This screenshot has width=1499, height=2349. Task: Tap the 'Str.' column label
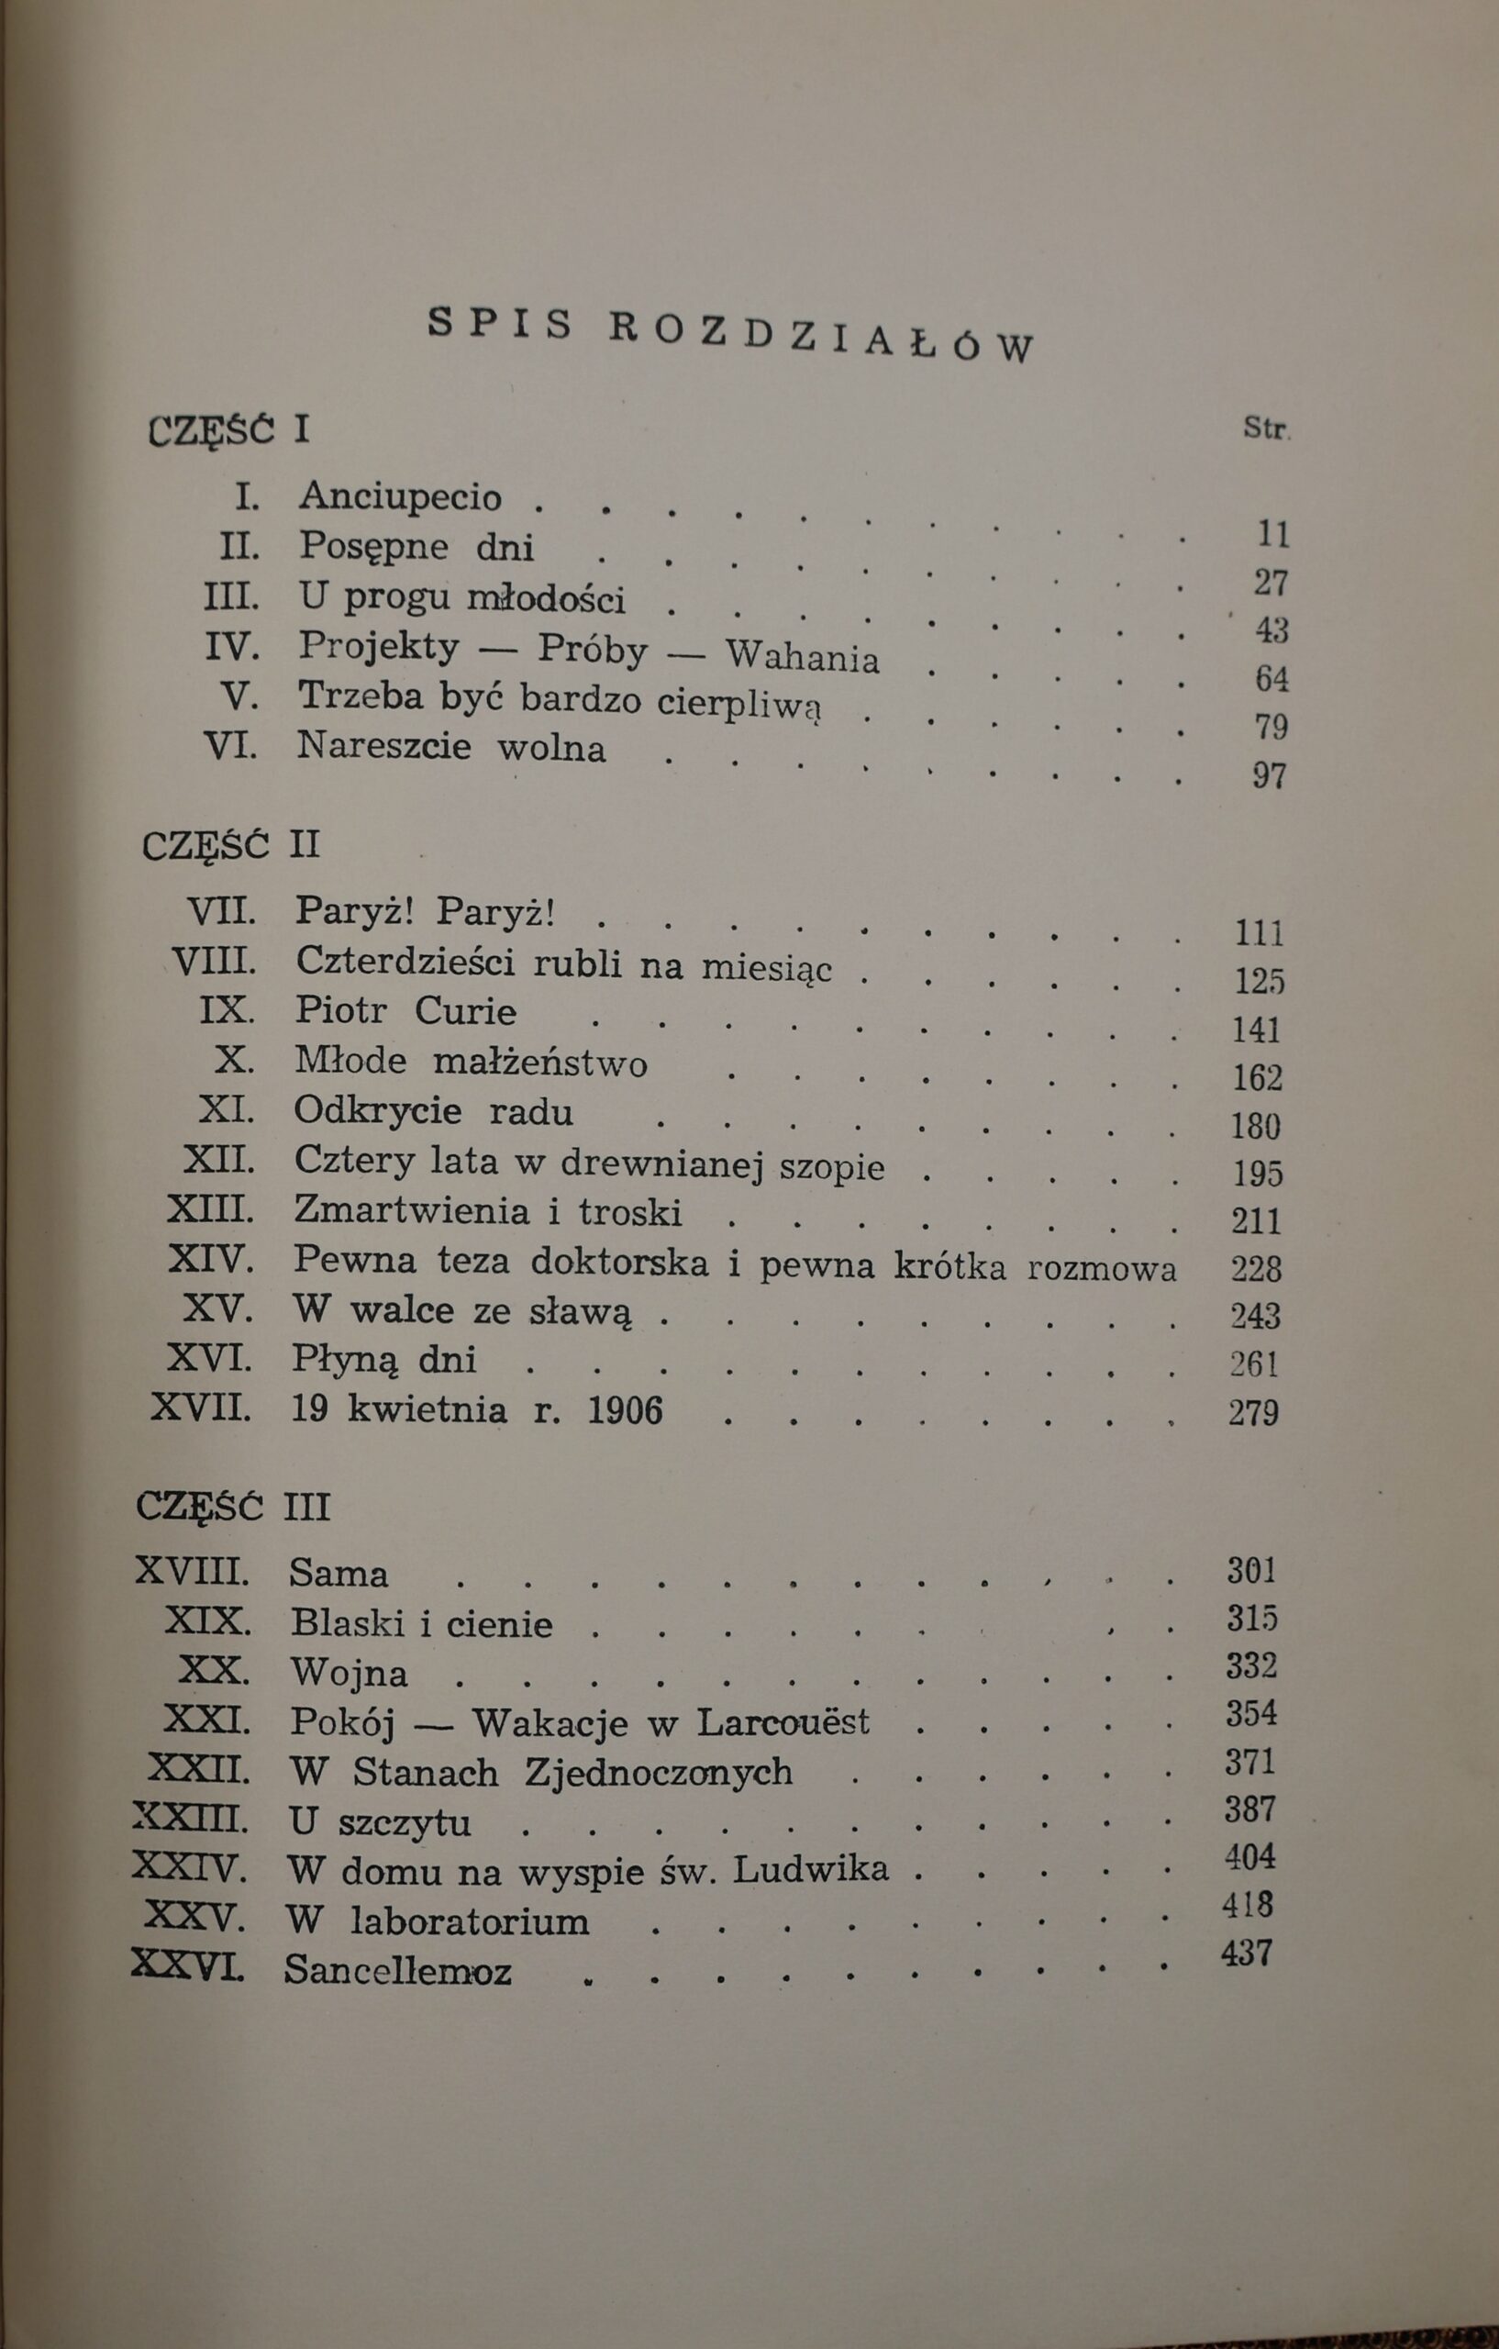pyautogui.click(x=1266, y=429)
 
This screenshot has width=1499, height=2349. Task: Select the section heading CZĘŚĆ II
pyautogui.click(x=230, y=844)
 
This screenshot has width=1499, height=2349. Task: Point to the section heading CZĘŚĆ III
pyautogui.click(x=233, y=1508)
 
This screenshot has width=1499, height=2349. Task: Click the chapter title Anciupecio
pyautogui.click(x=400, y=496)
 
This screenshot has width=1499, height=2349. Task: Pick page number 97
pyautogui.click(x=1269, y=775)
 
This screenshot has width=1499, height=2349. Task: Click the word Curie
pyautogui.click(x=465, y=1010)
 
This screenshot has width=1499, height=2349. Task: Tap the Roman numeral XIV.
pyautogui.click(x=210, y=1259)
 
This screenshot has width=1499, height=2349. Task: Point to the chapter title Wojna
pyautogui.click(x=349, y=1673)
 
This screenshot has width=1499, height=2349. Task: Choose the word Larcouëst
pyautogui.click(x=770, y=1720)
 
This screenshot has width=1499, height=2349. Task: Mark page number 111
pyautogui.click(x=1259, y=933)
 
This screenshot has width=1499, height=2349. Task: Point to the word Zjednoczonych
pyautogui.click(x=659, y=1771)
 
